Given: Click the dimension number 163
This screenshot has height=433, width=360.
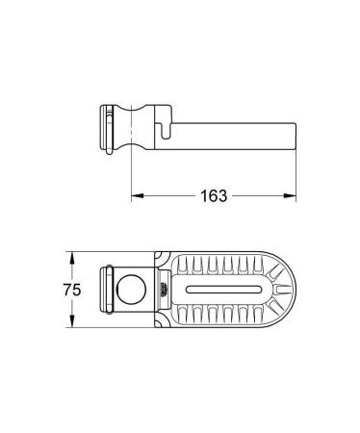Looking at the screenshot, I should (214, 195).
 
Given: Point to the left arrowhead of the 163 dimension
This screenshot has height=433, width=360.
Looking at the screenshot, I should (136, 195).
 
